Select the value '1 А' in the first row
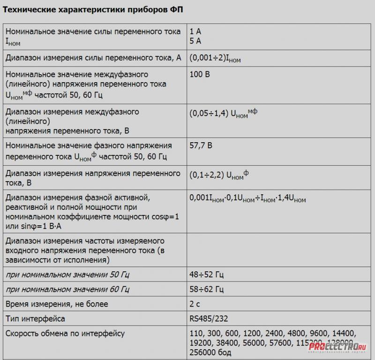pyautogui.click(x=195, y=31)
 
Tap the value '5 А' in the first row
pyautogui.click(x=195, y=41)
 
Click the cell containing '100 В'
pyautogui.click(x=200, y=75)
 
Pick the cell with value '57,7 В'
pyautogui.click(x=201, y=146)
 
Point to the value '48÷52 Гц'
pyautogui.click(x=206, y=273)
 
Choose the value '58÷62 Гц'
pyautogui.click(x=206, y=288)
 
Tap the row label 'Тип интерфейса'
pyautogui.click(x=35, y=319)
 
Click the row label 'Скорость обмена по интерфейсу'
pyautogui.click(x=65, y=334)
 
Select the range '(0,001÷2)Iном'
pyautogui.click(x=215, y=58)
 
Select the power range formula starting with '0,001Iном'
pyautogui.click(x=247, y=199)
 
